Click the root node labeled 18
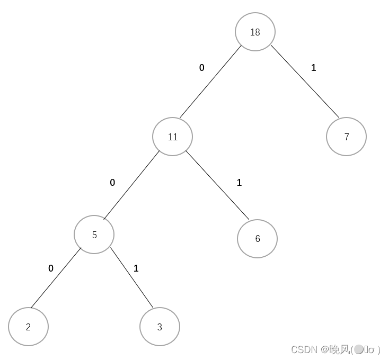coord(255,32)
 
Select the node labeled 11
coord(172,137)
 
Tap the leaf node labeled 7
coord(346,137)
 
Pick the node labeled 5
coord(94,235)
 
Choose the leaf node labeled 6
coord(257,239)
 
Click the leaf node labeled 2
coord(28,327)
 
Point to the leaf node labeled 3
coord(160,327)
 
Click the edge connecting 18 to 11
coord(210,82)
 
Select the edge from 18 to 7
coord(305,81)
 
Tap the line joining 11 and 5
coord(131,185)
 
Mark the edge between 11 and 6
coord(217,185)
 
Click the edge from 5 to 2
coord(56,277)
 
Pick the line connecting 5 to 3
coord(132,277)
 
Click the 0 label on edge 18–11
coord(201,68)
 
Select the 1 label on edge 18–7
coord(314,68)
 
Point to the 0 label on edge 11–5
coord(112,183)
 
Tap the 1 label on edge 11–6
coord(239,183)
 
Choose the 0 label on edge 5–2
coord(51,268)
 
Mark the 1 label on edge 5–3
coord(136,268)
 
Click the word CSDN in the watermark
coord(304,349)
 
